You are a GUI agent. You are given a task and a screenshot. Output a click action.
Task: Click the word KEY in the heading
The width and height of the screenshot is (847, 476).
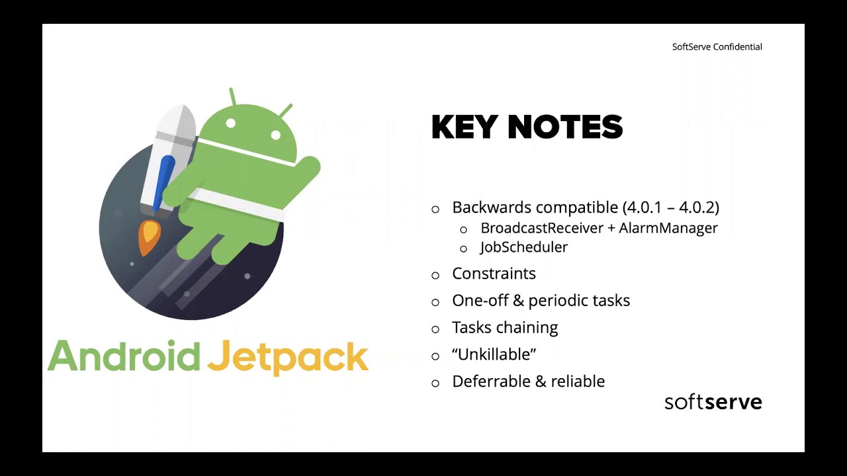[463, 128]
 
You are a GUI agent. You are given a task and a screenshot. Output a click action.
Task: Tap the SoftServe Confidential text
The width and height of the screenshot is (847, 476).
[717, 47]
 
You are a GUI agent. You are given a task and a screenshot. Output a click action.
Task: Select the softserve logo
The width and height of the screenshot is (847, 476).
[713, 402]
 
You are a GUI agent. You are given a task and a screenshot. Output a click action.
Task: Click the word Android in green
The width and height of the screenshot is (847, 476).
[124, 357]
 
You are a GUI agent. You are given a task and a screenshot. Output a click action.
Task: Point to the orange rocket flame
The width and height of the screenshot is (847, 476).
[149, 238]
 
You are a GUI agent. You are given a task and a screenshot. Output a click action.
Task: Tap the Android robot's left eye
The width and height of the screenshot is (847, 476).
[231, 124]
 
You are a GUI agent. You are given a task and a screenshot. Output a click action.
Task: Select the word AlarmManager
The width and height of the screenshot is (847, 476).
[668, 228]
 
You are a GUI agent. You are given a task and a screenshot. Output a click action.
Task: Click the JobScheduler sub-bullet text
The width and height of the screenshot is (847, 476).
[523, 247]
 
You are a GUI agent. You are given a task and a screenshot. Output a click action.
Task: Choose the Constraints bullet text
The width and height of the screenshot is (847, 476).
[494, 274]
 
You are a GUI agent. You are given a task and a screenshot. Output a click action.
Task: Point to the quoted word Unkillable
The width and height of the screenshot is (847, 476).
[494, 354]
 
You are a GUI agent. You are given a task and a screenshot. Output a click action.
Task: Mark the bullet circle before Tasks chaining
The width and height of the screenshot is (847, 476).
[435, 329]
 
